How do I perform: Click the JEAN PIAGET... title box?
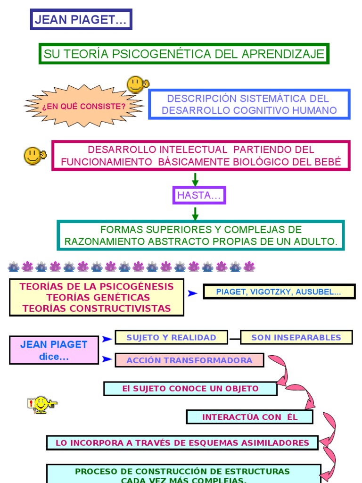[x=81, y=20]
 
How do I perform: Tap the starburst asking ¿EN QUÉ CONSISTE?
[x=84, y=106]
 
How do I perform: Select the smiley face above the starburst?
[x=137, y=84]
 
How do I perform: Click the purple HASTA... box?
[x=199, y=195]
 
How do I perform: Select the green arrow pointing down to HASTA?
[x=195, y=179]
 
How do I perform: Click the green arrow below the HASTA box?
[x=195, y=214]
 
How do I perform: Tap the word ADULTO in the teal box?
[x=318, y=241]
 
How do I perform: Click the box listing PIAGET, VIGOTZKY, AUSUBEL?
[x=279, y=291]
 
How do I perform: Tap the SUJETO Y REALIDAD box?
[x=171, y=337]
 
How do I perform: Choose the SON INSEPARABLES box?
[x=296, y=337]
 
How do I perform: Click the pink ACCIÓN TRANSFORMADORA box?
[x=189, y=360]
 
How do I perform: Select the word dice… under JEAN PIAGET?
[x=54, y=357]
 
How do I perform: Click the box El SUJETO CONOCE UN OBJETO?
[x=190, y=389]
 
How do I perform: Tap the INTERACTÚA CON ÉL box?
[x=249, y=417]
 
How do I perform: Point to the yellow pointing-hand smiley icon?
[x=41, y=405]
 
